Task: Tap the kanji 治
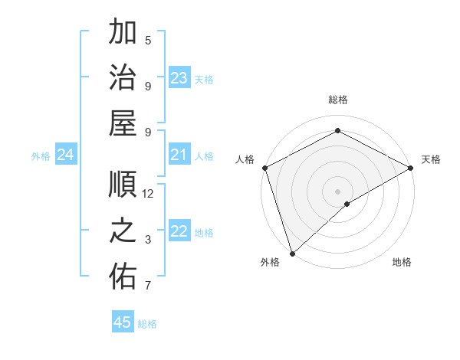point(123,78)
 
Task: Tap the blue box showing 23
point(179,78)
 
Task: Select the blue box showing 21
point(179,155)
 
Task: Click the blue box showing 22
point(179,232)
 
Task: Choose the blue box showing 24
point(65,155)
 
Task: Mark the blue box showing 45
point(123,322)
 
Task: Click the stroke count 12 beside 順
point(148,194)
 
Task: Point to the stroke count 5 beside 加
point(148,40)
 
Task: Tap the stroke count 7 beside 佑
point(148,286)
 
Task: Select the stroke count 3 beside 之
point(148,240)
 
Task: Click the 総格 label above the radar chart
point(337,100)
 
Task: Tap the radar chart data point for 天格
point(411,168)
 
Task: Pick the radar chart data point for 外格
point(292,254)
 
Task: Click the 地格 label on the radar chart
point(402,263)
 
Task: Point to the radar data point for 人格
point(264,168)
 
